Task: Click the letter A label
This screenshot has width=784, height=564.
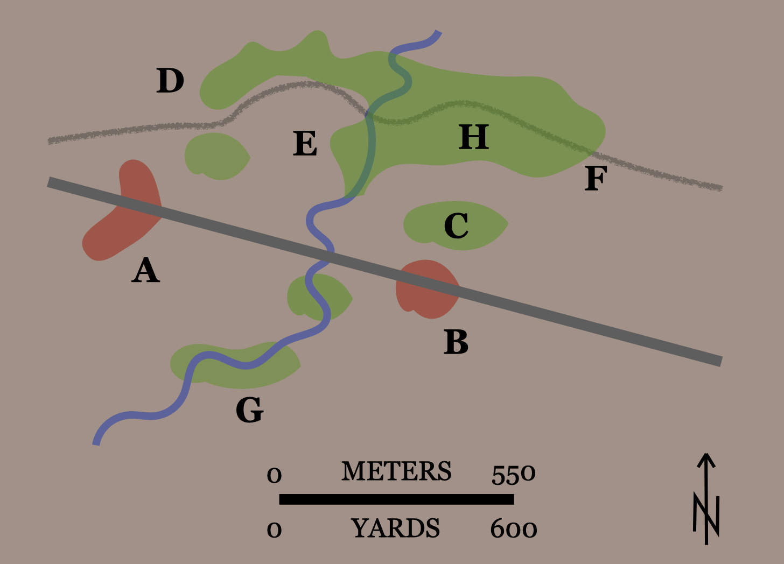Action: pyautogui.click(x=145, y=270)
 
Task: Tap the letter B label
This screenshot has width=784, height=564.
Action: pyautogui.click(x=456, y=342)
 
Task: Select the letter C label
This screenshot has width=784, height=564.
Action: pyautogui.click(x=456, y=225)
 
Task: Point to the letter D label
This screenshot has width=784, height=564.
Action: pyautogui.click(x=170, y=81)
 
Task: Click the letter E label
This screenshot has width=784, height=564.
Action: pyautogui.click(x=305, y=143)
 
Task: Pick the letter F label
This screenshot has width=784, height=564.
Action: pyautogui.click(x=596, y=179)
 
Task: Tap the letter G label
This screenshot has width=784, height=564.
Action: pyautogui.click(x=249, y=410)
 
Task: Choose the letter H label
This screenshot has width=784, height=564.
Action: pyautogui.click(x=473, y=137)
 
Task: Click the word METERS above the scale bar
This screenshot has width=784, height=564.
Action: pyautogui.click(x=396, y=471)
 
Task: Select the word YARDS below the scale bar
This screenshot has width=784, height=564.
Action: pyautogui.click(x=395, y=528)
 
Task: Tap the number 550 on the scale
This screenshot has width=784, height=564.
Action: pyautogui.click(x=514, y=475)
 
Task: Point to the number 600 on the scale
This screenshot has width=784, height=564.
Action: pyautogui.click(x=514, y=529)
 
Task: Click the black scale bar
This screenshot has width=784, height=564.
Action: pyautogui.click(x=396, y=499)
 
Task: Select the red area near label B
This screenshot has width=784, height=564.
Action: pyautogui.click(x=428, y=289)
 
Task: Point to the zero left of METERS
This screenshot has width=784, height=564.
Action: pyautogui.click(x=274, y=476)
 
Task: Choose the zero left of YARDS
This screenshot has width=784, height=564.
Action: pyautogui.click(x=274, y=530)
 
